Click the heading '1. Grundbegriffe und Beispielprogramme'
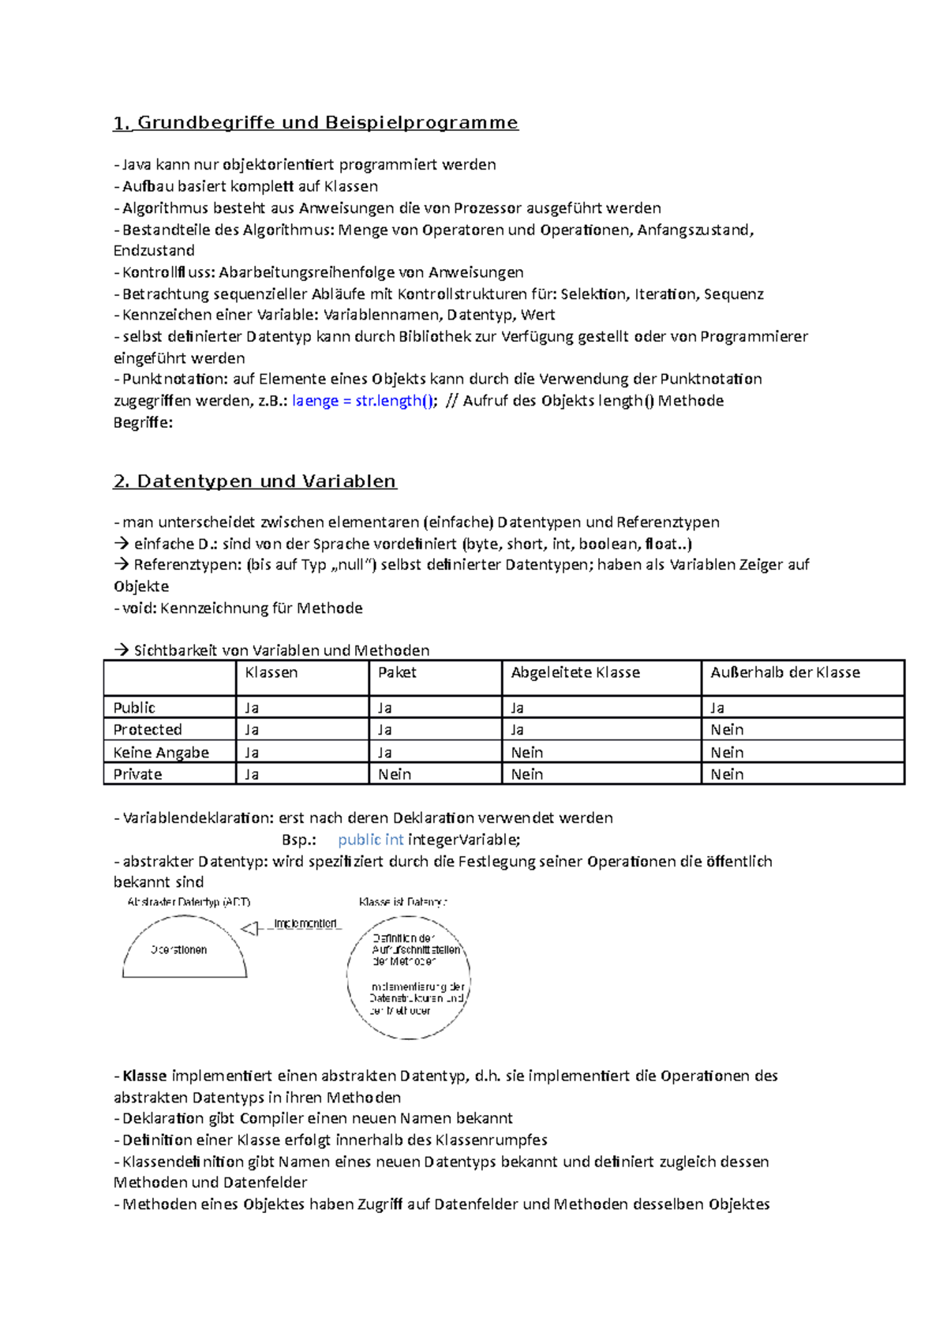tap(316, 123)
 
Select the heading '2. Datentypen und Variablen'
tap(255, 481)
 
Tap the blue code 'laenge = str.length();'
tap(363, 401)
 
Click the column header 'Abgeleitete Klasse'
tap(575, 672)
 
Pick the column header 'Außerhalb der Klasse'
tap(784, 672)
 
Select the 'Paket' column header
tap(397, 672)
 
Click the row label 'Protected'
tap(148, 730)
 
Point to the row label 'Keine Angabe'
tap(161, 753)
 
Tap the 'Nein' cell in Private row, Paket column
tap(395, 775)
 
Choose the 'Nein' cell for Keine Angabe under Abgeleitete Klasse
tap(527, 753)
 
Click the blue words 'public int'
tap(370, 840)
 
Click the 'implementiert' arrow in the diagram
tap(292, 928)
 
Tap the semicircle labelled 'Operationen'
tap(184, 950)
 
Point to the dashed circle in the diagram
tap(409, 1026)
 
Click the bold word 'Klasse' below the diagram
tap(144, 1076)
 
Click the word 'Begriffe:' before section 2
tap(143, 423)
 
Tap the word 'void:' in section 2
tap(140, 608)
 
